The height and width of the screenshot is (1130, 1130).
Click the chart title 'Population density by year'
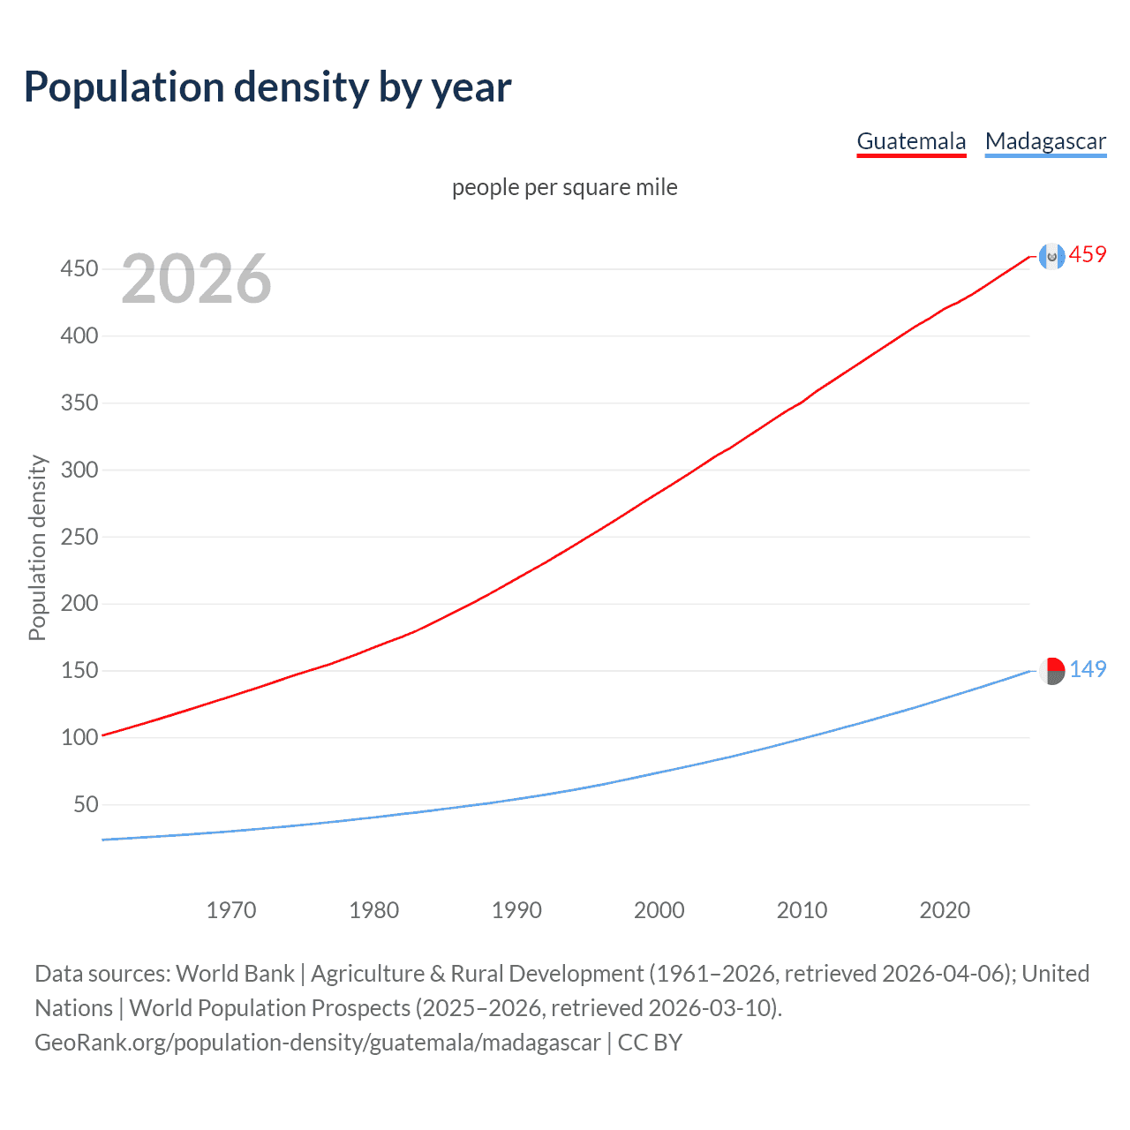(x=267, y=87)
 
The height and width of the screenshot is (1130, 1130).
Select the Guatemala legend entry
(x=911, y=141)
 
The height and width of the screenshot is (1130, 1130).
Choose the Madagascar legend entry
(x=1045, y=141)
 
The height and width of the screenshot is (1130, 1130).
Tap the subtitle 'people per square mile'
(x=564, y=187)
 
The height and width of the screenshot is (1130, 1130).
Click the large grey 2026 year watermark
(x=196, y=279)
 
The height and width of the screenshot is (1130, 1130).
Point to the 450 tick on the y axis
(x=79, y=268)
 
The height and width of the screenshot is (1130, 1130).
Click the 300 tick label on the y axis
(x=79, y=470)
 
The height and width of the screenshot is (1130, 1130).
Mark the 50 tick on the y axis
(x=86, y=804)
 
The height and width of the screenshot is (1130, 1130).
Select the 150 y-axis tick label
(x=79, y=670)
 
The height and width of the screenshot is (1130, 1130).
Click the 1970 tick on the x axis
(x=231, y=910)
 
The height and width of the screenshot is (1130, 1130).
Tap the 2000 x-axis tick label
(x=659, y=910)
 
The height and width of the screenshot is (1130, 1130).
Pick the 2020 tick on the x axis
(x=945, y=910)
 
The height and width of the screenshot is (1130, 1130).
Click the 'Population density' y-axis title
(x=37, y=547)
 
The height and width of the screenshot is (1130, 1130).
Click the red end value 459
(x=1088, y=255)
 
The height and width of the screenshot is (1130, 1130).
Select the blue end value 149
(x=1088, y=669)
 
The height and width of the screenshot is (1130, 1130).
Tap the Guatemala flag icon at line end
(x=1051, y=256)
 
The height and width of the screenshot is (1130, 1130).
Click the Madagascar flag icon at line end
(x=1051, y=671)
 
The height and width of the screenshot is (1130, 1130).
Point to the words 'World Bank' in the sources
(x=235, y=974)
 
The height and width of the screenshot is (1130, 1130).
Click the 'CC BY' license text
(x=650, y=1043)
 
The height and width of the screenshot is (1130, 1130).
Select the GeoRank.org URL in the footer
(x=318, y=1043)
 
